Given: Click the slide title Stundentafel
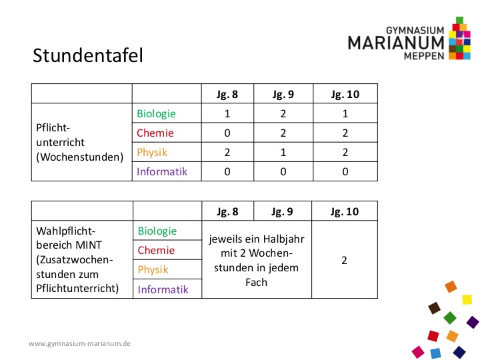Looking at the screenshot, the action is [x=88, y=55].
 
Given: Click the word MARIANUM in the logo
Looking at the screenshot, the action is [x=396, y=43].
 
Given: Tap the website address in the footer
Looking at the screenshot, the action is [x=79, y=344].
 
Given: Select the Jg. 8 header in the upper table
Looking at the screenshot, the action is [x=227, y=94].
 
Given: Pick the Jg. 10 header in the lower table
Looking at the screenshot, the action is [x=345, y=211].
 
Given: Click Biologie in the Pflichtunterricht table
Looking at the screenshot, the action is [x=156, y=113].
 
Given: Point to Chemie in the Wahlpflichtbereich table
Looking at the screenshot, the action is [x=156, y=251].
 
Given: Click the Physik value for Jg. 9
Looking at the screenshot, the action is [x=283, y=152].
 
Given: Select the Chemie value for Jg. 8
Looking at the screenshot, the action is [x=227, y=133].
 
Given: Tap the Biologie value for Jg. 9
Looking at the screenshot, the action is [x=283, y=113].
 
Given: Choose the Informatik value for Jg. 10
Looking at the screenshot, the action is [x=345, y=171].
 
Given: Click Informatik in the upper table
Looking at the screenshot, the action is [x=162, y=171].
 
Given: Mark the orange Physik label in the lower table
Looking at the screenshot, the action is [x=153, y=270].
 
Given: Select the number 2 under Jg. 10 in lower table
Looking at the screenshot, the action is [x=345, y=260].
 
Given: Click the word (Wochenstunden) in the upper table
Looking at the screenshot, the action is [x=80, y=157].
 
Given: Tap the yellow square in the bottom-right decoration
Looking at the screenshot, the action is [x=467, y=299].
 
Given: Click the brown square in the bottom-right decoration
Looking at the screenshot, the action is [x=435, y=308].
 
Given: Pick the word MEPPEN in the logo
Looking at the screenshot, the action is [x=424, y=56].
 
